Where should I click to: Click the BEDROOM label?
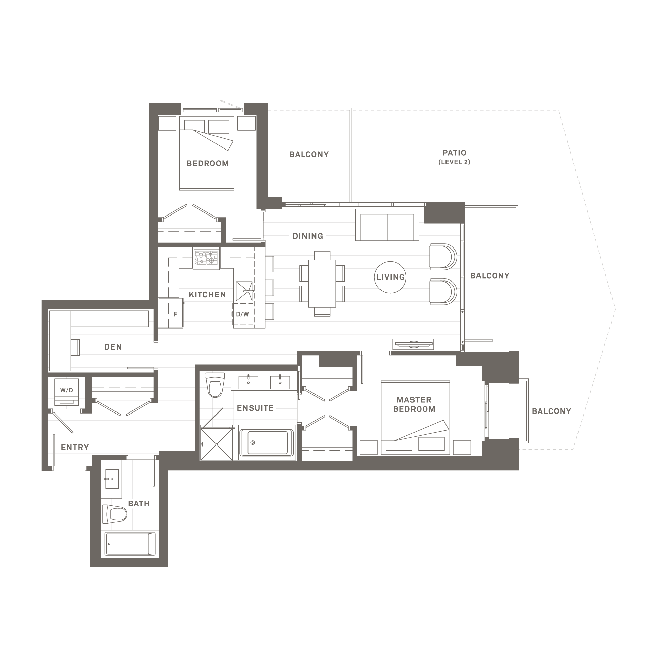[x=207, y=163]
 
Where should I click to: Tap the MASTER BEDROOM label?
[x=414, y=404]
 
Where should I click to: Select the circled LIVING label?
[x=390, y=277]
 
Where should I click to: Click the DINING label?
[x=307, y=236]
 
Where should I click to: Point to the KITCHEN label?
[x=207, y=294]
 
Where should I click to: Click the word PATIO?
[x=454, y=153]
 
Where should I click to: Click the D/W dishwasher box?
[x=243, y=314]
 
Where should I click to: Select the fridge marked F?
[x=171, y=313]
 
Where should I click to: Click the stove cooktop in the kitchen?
[x=206, y=259]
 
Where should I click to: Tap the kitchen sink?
[x=244, y=291]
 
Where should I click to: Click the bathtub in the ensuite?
[x=267, y=443]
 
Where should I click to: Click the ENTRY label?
[x=75, y=447]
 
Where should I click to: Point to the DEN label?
[x=113, y=347]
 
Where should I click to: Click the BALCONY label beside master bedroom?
[x=551, y=411]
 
